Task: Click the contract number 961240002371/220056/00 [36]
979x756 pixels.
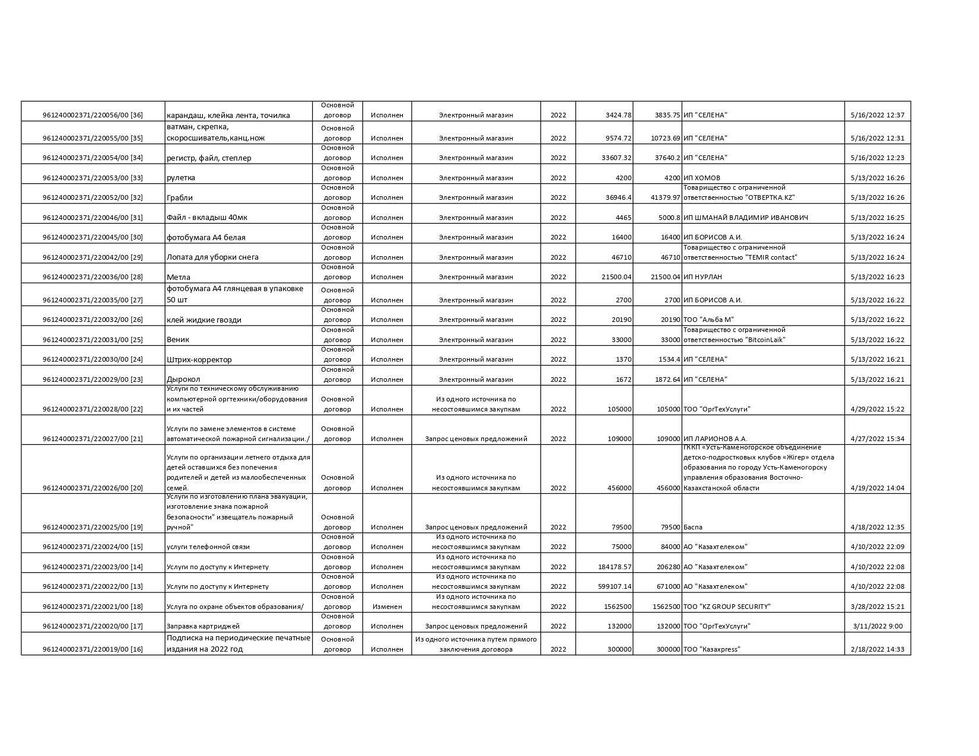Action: click(x=93, y=115)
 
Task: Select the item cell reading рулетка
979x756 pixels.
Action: click(x=181, y=178)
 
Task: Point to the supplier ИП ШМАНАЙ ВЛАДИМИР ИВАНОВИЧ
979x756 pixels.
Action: click(x=745, y=218)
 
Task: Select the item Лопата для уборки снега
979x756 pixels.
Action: click(x=212, y=257)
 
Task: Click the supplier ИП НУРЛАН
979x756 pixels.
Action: click(x=703, y=277)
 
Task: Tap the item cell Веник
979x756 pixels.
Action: click(x=178, y=340)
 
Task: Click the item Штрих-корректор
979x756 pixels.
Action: click(x=199, y=360)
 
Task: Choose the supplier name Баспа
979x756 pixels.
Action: click(x=693, y=527)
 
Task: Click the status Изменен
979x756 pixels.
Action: click(x=387, y=607)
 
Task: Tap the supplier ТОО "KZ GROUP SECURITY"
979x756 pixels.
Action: click(x=727, y=607)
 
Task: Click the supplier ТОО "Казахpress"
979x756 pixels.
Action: click(x=711, y=649)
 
